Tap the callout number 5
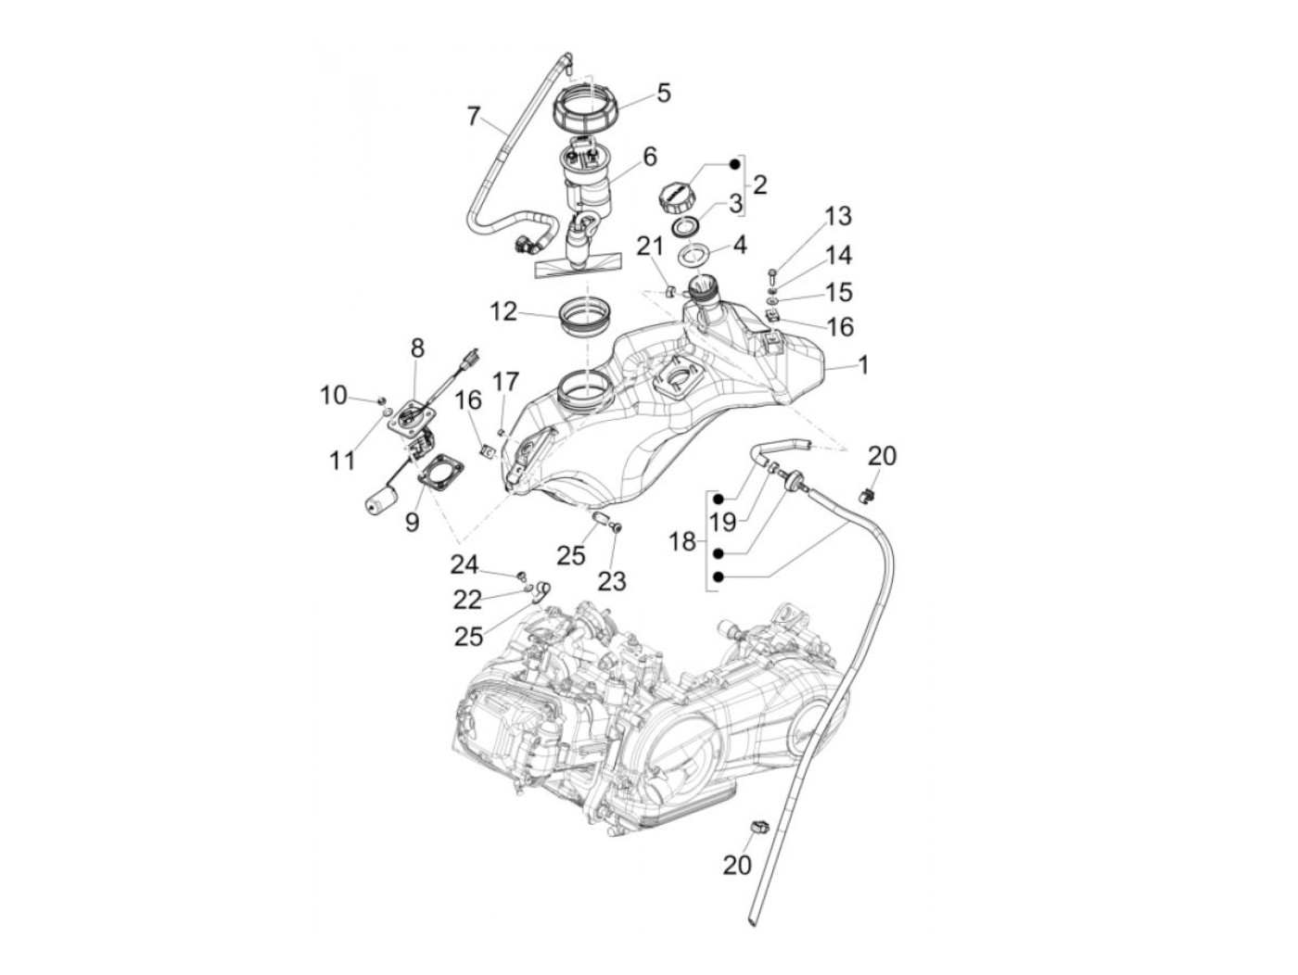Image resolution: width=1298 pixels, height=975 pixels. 663,93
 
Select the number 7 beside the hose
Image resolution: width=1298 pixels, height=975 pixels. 474,117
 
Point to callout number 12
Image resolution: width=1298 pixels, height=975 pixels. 503,311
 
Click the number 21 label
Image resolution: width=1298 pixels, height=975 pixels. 649,246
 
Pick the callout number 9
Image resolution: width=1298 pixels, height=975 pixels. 412,522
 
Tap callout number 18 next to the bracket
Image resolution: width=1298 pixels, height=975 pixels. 682,540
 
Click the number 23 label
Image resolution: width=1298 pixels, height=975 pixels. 612,581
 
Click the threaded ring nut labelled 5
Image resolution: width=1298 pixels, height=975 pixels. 590,115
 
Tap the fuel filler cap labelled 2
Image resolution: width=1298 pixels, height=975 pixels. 675,196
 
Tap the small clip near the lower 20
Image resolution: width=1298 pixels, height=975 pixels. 758,827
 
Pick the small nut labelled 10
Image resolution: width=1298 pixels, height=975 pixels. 383,399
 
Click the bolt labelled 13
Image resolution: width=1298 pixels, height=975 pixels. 771,273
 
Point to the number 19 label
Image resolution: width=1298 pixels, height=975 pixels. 722,521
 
